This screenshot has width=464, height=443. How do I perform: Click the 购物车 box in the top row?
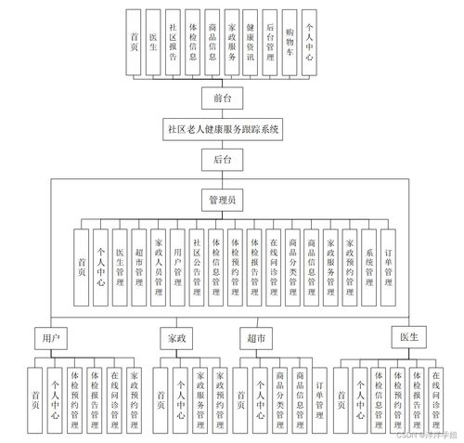[x=290, y=44]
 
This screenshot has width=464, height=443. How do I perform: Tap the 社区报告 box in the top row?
[x=173, y=44]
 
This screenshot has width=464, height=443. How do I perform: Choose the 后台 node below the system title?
[x=222, y=161]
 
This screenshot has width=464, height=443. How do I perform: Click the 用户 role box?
[x=51, y=337]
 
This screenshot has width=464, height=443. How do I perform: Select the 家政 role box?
[x=178, y=337]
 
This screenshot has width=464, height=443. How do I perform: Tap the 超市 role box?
[x=257, y=337]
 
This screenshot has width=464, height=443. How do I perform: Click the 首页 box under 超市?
[x=240, y=399]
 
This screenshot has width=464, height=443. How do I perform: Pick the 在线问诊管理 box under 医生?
[x=436, y=399]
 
